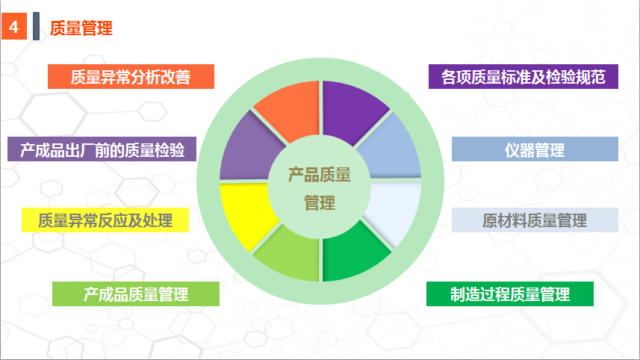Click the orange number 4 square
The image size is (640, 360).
(x=14, y=27)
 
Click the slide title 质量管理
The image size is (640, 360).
(x=81, y=28)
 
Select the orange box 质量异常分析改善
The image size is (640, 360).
(x=131, y=76)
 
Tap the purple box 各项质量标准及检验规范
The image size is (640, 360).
(x=524, y=76)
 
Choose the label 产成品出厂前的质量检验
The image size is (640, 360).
(x=102, y=149)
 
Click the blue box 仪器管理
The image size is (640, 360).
(x=535, y=149)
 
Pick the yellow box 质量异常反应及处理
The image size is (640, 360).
(x=105, y=220)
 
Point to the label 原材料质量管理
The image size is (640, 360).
(x=535, y=220)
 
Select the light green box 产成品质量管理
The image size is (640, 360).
(x=136, y=294)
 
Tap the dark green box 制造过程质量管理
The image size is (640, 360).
(x=510, y=294)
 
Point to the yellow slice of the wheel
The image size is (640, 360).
(x=245, y=212)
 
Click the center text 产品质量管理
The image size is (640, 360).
(x=320, y=188)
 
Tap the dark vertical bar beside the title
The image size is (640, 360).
(x=37, y=26)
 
